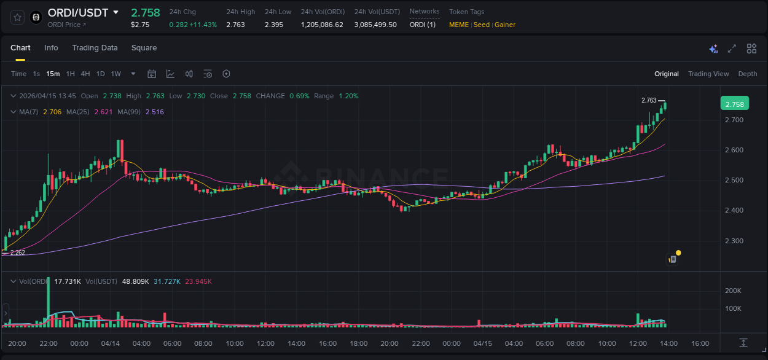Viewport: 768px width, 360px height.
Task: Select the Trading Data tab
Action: (95, 48)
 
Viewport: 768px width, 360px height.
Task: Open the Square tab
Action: (144, 48)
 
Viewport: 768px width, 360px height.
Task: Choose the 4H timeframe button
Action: (85, 74)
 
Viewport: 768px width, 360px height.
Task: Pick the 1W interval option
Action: (116, 74)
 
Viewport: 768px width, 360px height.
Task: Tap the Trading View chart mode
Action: (708, 74)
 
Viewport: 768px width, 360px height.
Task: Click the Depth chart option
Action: (747, 74)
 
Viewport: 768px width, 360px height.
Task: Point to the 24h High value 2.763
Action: (235, 25)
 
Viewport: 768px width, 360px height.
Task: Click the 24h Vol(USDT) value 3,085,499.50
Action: (375, 25)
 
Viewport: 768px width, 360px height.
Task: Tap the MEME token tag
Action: (459, 25)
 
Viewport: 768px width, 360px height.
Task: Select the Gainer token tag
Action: (504, 25)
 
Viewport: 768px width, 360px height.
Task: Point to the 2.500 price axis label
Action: (734, 180)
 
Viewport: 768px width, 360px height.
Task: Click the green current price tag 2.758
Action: (734, 104)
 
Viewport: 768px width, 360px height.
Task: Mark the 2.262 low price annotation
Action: (17, 252)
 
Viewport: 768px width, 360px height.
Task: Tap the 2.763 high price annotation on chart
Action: (649, 100)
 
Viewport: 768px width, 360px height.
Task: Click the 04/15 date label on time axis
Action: (482, 343)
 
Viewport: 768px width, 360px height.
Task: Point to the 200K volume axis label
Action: (733, 291)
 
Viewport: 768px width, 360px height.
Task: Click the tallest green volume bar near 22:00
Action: (48, 301)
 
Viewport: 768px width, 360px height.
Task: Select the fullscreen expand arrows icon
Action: (732, 49)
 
